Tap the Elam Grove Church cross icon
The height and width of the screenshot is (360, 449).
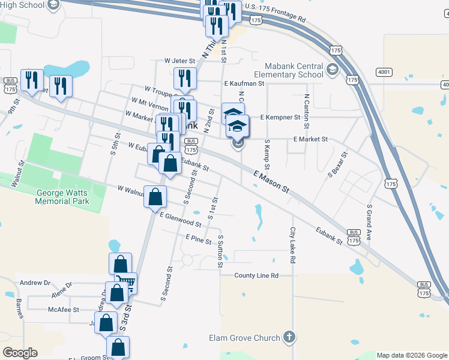(x=289, y=337)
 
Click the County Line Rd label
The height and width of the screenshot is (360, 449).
(x=256, y=275)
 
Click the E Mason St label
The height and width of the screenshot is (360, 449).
(x=271, y=181)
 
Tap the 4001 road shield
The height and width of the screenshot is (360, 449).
(x=384, y=72)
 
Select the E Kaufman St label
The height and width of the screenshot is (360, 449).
(x=244, y=84)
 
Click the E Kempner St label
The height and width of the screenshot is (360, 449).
(x=280, y=118)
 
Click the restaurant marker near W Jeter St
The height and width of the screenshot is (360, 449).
(x=185, y=77)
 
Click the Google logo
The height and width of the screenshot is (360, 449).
(x=20, y=353)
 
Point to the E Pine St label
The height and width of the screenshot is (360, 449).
(x=199, y=239)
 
